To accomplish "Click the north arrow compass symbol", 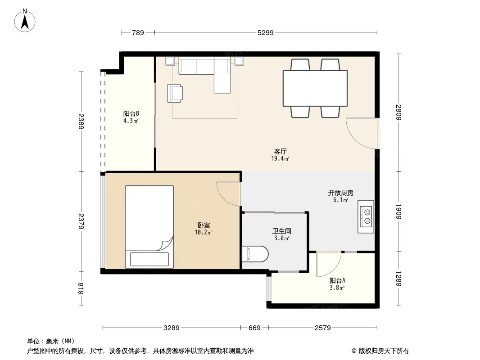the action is coord(25,21).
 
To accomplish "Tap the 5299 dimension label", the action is coord(265,33).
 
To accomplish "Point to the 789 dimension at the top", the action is coord(138,33).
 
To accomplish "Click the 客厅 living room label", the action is coord(281,151).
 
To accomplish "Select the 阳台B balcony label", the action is coord(131,114).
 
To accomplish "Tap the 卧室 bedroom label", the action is coord(204,225).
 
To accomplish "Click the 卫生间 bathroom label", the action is coord(281,231).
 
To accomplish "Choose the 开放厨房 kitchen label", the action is coord(341,193).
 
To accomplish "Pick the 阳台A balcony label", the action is coord(337,280).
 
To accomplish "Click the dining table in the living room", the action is coord(315,88).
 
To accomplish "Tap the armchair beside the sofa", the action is coord(175,93).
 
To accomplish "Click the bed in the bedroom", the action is coord(149,227).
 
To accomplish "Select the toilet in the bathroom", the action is coord(255,253).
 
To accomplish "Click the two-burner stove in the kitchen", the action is coord(366,216).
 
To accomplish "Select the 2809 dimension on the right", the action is coord(398,112).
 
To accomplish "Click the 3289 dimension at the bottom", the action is coord(172,328).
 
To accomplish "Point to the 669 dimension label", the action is coord(254,328).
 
